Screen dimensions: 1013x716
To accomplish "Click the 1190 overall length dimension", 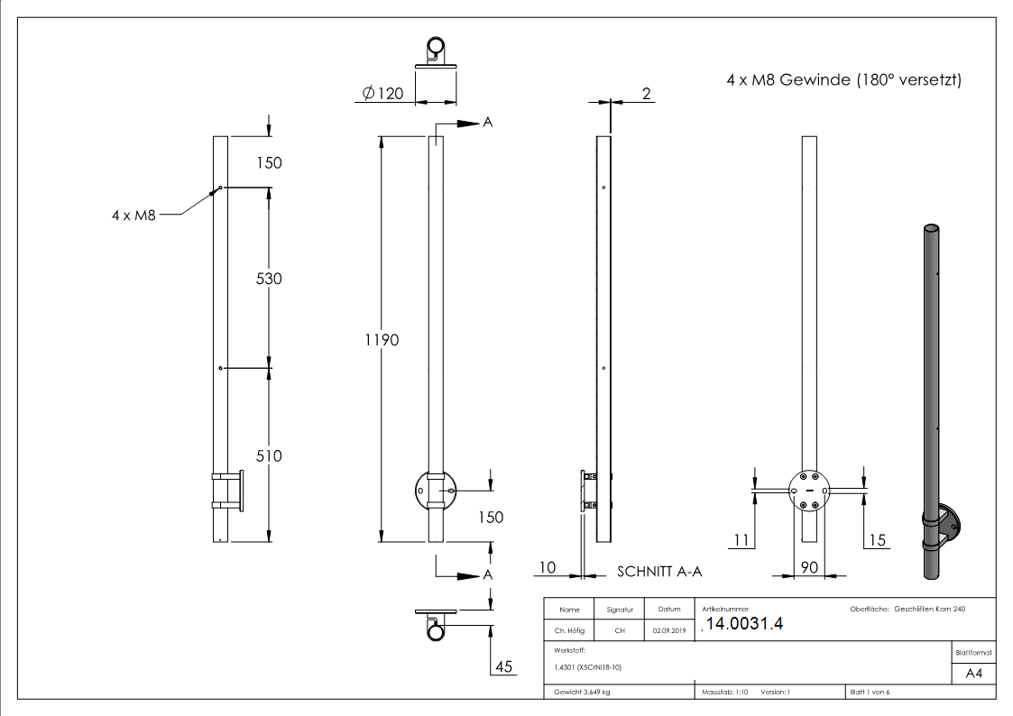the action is pos(382,340).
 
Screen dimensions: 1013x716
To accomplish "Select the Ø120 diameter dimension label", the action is pos(383,94).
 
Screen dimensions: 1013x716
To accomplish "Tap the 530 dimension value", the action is pos(269,279).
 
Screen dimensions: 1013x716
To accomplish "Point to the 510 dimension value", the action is pos(269,455).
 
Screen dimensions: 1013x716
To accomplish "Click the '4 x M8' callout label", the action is pos(134,215).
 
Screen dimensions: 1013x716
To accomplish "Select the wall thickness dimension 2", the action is pos(646,94).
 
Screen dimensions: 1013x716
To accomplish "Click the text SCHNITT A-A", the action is pos(659,572).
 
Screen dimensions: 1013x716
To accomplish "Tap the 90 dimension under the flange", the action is pos(809,567).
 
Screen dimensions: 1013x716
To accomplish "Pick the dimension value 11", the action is pos(741,540).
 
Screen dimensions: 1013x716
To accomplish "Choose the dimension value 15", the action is pos(877,540).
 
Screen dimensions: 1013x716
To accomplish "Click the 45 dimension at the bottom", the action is pos(504,666).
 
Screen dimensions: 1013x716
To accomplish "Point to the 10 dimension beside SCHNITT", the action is pos(548,567).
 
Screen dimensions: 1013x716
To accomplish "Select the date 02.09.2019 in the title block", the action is pos(669,630).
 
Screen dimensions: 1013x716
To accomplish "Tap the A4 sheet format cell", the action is pos(973,674).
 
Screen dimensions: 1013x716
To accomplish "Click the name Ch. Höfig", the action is pos(569,630).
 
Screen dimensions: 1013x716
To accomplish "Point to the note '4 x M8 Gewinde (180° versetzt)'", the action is pos(843,79).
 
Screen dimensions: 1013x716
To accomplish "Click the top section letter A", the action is pos(488,122).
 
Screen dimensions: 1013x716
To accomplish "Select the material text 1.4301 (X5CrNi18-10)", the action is pos(588,667).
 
